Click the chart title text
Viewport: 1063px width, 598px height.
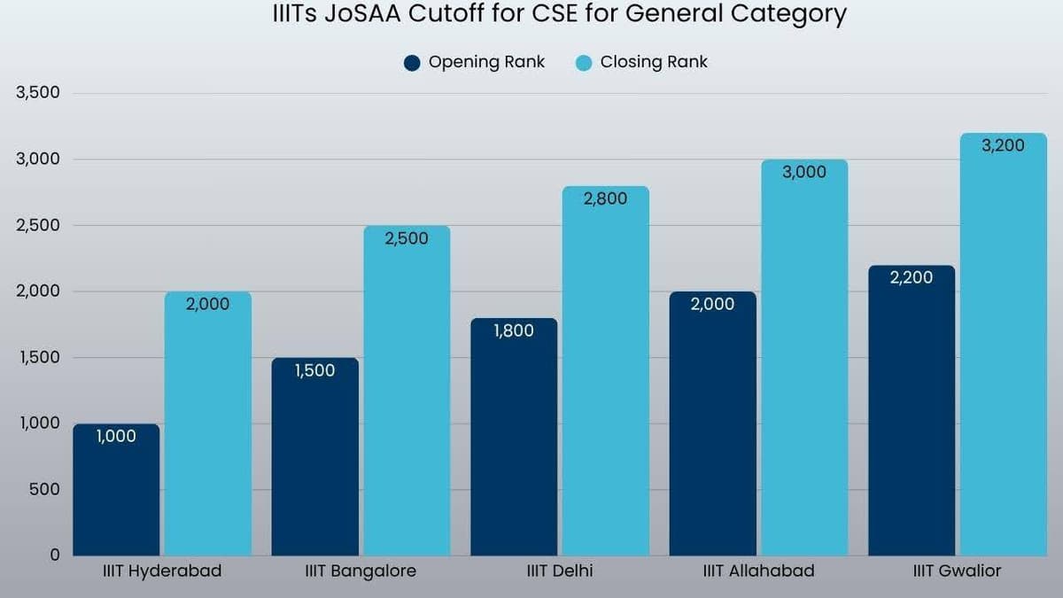tap(559, 15)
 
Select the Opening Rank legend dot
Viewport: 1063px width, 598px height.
tap(412, 63)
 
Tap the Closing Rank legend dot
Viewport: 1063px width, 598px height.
tap(583, 63)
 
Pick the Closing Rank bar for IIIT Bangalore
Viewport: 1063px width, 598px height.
tap(407, 391)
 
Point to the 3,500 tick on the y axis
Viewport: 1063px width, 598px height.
tap(37, 93)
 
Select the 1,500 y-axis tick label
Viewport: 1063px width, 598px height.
tap(37, 357)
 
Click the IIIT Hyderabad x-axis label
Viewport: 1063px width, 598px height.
tap(162, 571)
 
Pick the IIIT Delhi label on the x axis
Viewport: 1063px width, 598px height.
tap(559, 571)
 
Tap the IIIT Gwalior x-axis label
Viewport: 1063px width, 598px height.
tap(957, 571)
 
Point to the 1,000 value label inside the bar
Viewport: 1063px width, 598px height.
tap(116, 436)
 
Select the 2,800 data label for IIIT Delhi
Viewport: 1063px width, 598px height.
tap(605, 199)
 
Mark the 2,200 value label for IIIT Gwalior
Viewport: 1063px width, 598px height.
tap(911, 278)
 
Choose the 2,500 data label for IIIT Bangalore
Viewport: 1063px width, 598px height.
tap(407, 238)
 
